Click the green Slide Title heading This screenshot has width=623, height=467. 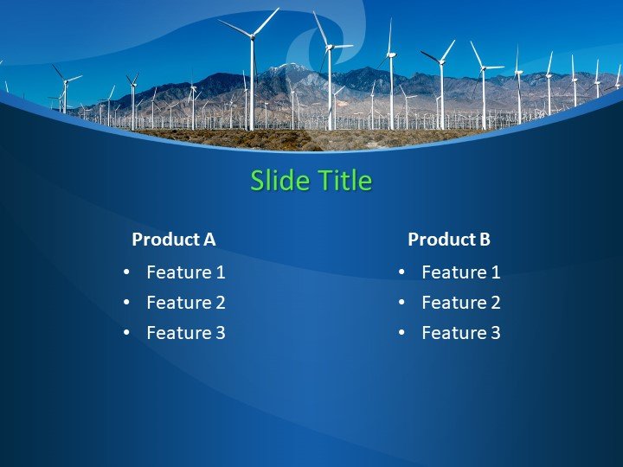pyautogui.click(x=311, y=181)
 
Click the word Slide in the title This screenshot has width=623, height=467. pyautogui.click(x=279, y=181)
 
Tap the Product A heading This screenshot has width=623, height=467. pyautogui.click(x=173, y=240)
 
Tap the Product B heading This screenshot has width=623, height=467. pyautogui.click(x=449, y=240)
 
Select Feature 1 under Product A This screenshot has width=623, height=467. pyautogui.click(x=186, y=272)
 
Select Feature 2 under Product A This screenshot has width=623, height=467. pyautogui.click(x=186, y=303)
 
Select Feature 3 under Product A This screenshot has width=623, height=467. pyautogui.click(x=186, y=333)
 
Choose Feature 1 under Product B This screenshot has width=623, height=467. pyautogui.click(x=461, y=272)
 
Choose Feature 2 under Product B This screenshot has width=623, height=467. pyautogui.click(x=461, y=303)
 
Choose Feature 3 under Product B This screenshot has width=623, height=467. pyautogui.click(x=461, y=333)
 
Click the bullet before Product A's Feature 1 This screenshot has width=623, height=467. pyautogui.click(x=126, y=272)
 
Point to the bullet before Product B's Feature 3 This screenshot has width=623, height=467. pyautogui.click(x=401, y=333)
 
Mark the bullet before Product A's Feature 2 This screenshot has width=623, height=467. pyautogui.click(x=126, y=303)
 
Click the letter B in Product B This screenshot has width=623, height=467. pyautogui.click(x=485, y=240)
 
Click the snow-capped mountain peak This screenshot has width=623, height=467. pyautogui.click(x=281, y=68)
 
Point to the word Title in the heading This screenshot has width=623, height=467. pyautogui.click(x=344, y=181)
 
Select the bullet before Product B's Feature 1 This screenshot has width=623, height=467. pyautogui.click(x=401, y=272)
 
